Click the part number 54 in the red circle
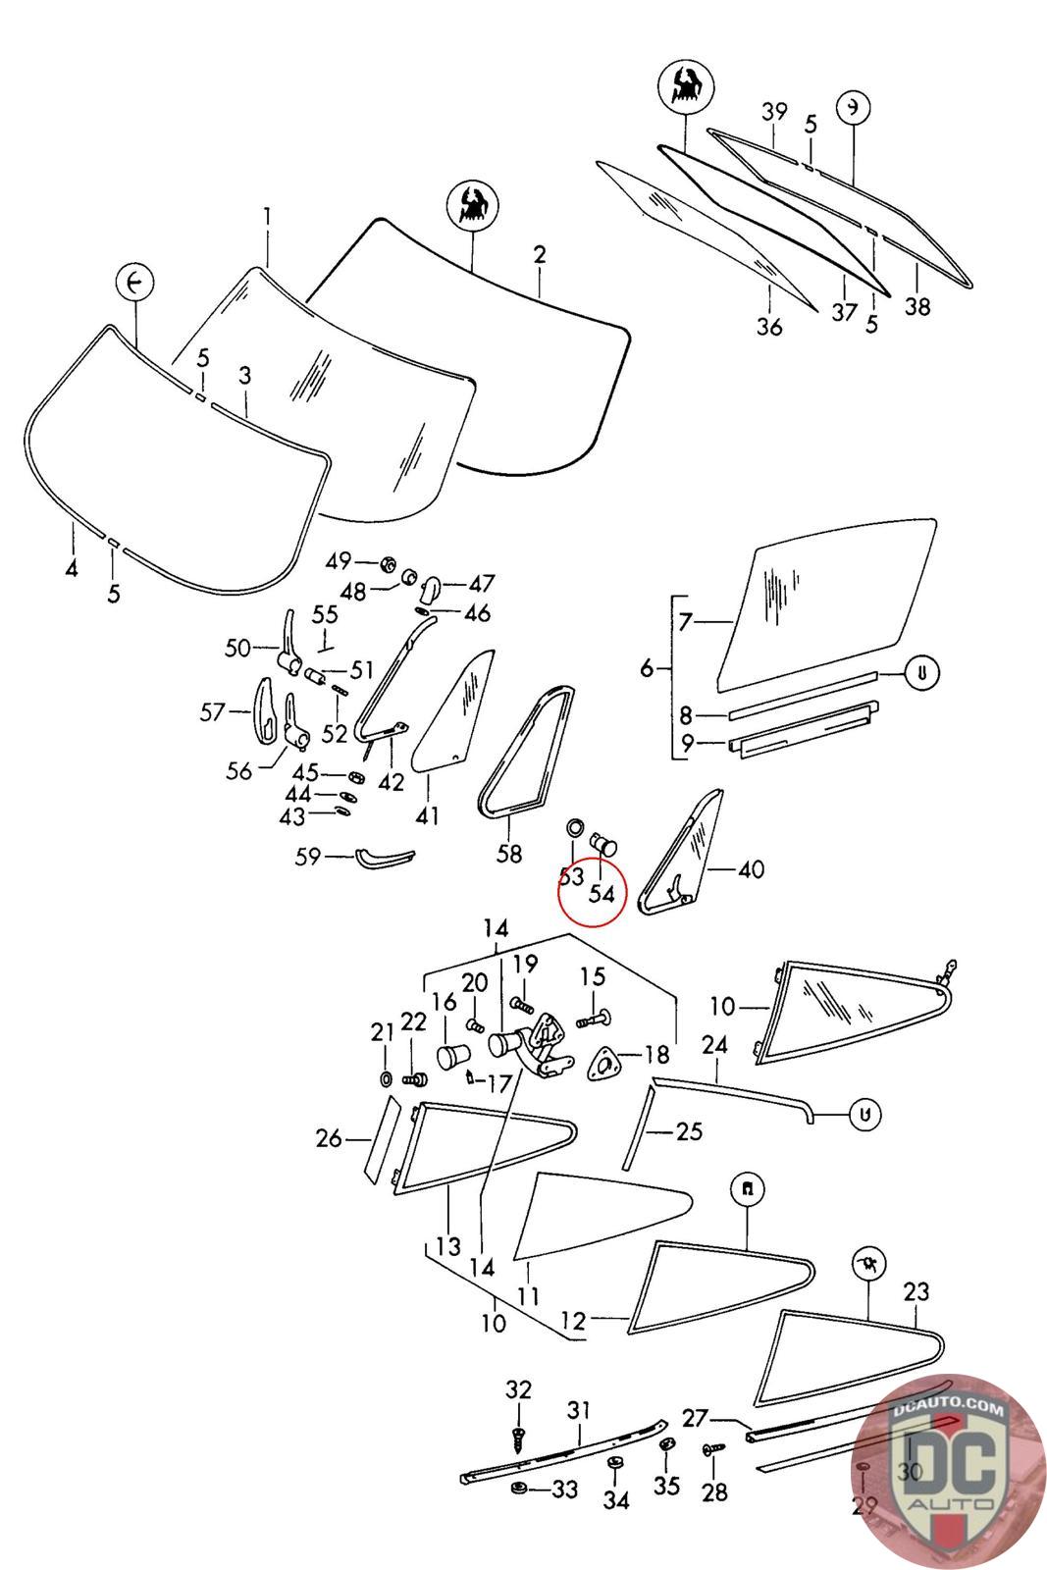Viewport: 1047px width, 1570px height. click(602, 894)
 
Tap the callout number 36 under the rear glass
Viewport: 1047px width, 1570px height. click(770, 326)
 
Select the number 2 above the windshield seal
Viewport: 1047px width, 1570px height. click(540, 255)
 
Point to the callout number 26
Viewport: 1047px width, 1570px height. click(330, 1138)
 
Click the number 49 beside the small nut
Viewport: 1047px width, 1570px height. click(339, 561)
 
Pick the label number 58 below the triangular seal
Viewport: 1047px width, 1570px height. click(508, 854)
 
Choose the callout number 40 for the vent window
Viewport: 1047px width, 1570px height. click(752, 869)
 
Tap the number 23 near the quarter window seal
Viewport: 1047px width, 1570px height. click(915, 1291)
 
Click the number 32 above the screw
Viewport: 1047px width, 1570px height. click(518, 1389)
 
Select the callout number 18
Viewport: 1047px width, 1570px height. click(656, 1055)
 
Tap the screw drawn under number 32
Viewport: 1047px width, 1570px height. click(519, 1436)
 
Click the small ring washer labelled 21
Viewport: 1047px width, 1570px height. click(386, 1079)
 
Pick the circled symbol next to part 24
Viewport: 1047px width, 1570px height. click(864, 1114)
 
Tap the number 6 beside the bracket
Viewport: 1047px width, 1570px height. click(647, 668)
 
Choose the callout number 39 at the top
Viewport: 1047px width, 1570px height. click(774, 112)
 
